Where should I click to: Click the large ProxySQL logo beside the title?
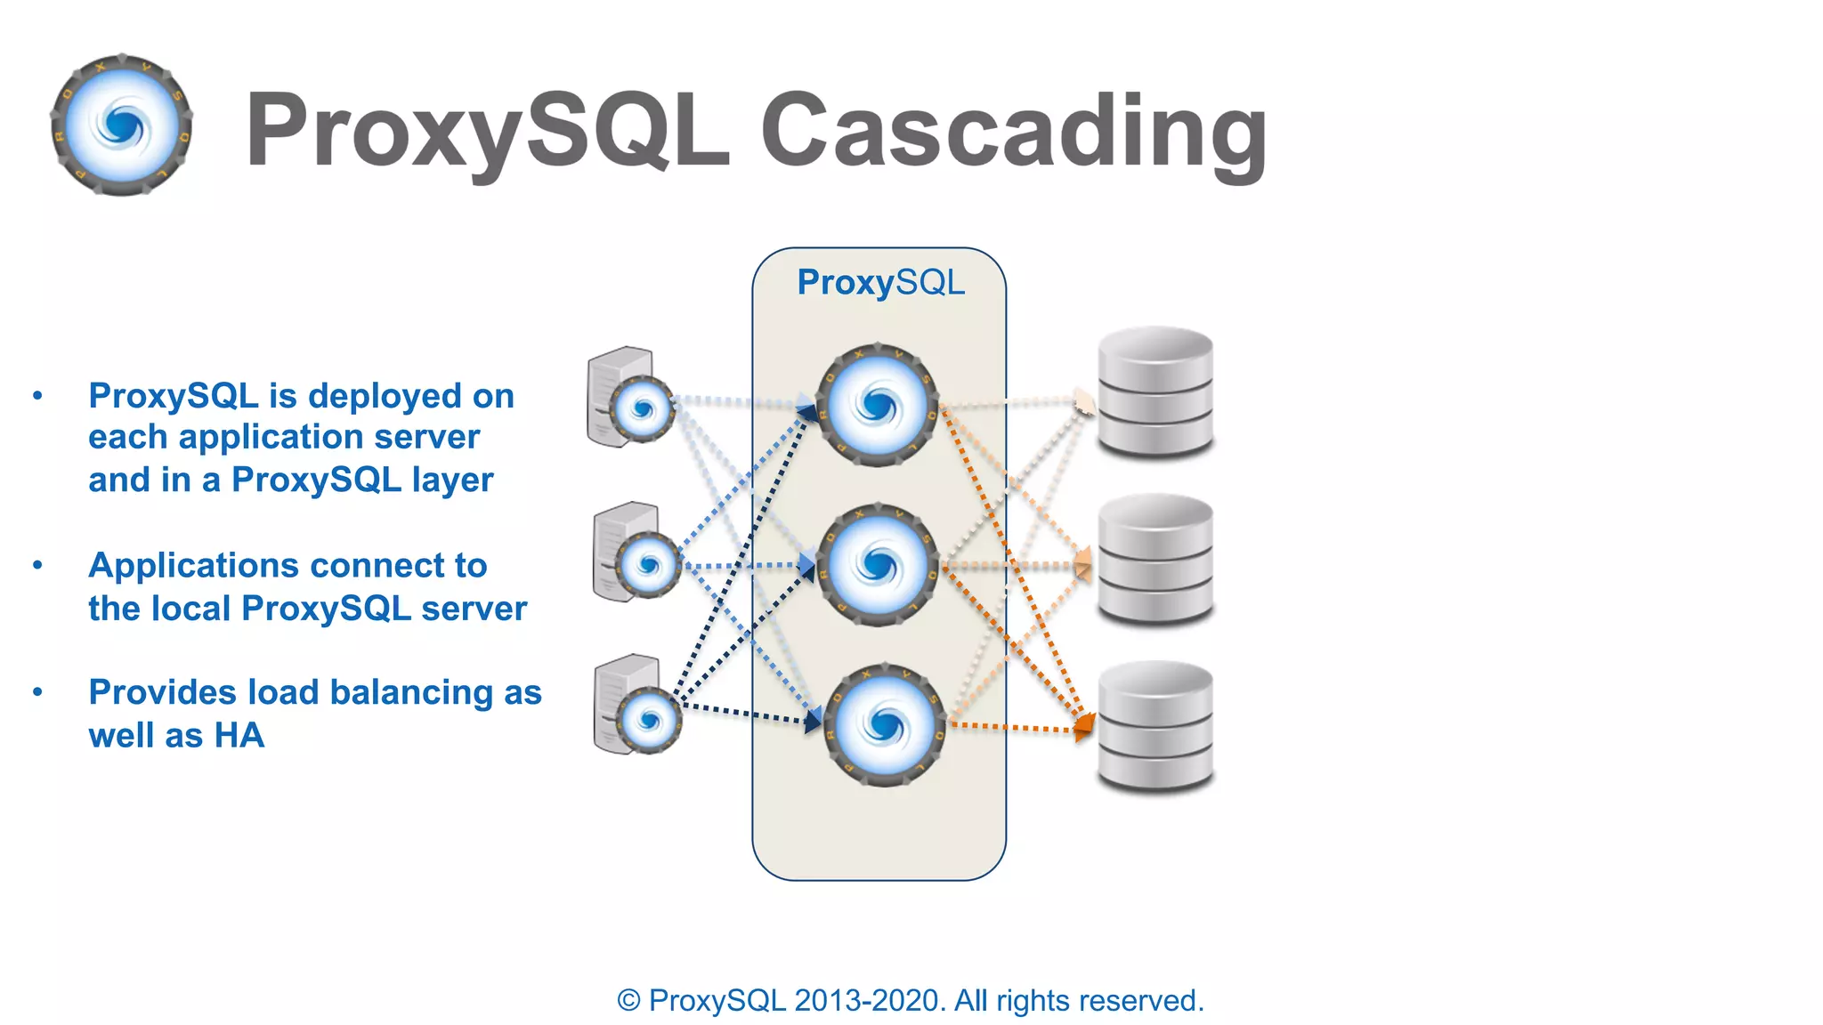click(122, 125)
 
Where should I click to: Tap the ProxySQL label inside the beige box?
click(879, 282)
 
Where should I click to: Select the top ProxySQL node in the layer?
click(877, 406)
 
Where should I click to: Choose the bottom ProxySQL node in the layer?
click(883, 724)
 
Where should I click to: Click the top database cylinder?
click(1155, 391)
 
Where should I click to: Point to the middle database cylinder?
click(1155, 559)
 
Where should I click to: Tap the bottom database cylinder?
click(1155, 726)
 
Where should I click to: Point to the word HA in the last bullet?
click(239, 736)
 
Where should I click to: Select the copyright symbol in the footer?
click(628, 1001)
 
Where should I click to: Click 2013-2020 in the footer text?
click(868, 1001)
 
